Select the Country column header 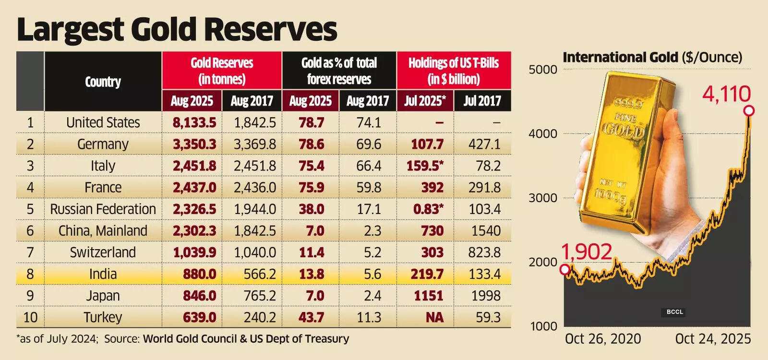click(103, 82)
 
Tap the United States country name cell click(103, 122)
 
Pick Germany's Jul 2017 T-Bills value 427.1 click(484, 144)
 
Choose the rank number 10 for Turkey click(30, 317)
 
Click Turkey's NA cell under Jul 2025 click(432, 317)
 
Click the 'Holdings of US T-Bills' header click(454, 71)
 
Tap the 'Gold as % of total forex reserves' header click(339, 71)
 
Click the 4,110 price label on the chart click(726, 94)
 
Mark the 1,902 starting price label click(587, 252)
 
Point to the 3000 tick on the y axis click(543, 198)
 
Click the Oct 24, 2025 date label click(713, 339)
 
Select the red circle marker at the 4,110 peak click(749, 111)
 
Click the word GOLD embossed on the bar click(623, 130)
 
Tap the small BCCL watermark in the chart click(674, 312)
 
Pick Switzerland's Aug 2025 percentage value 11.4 click(311, 252)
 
